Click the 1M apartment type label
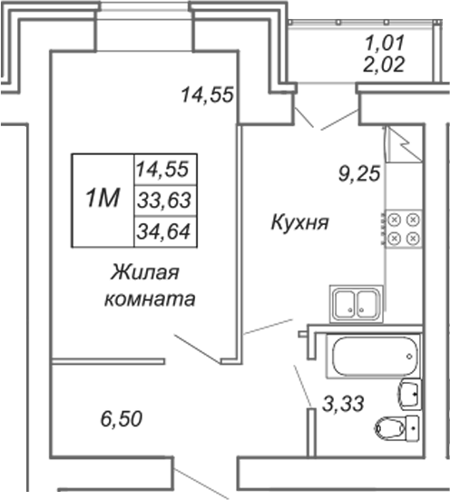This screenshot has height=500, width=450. [103, 198]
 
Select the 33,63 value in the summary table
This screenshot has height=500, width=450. [164, 201]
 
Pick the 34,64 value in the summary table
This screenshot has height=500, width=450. [164, 231]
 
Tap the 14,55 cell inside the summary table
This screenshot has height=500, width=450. [162, 170]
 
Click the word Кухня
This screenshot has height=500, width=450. [299, 222]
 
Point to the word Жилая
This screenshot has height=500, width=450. [145, 272]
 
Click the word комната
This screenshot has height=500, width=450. [150, 299]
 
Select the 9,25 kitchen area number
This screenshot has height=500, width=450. [359, 174]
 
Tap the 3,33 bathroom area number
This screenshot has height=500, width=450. [343, 404]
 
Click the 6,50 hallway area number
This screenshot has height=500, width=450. [122, 418]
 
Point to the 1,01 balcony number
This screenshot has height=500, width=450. [385, 43]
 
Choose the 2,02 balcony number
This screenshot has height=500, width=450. [385, 64]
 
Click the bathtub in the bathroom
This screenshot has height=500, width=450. [374, 356]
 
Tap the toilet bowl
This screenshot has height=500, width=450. [396, 427]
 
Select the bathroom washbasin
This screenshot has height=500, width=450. [409, 394]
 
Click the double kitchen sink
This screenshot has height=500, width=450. [357, 303]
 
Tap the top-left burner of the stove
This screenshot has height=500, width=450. [395, 220]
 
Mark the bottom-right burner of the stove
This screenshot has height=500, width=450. [414, 238]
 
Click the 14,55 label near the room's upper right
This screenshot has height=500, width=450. [207, 95]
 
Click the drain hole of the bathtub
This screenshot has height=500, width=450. [409, 357]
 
